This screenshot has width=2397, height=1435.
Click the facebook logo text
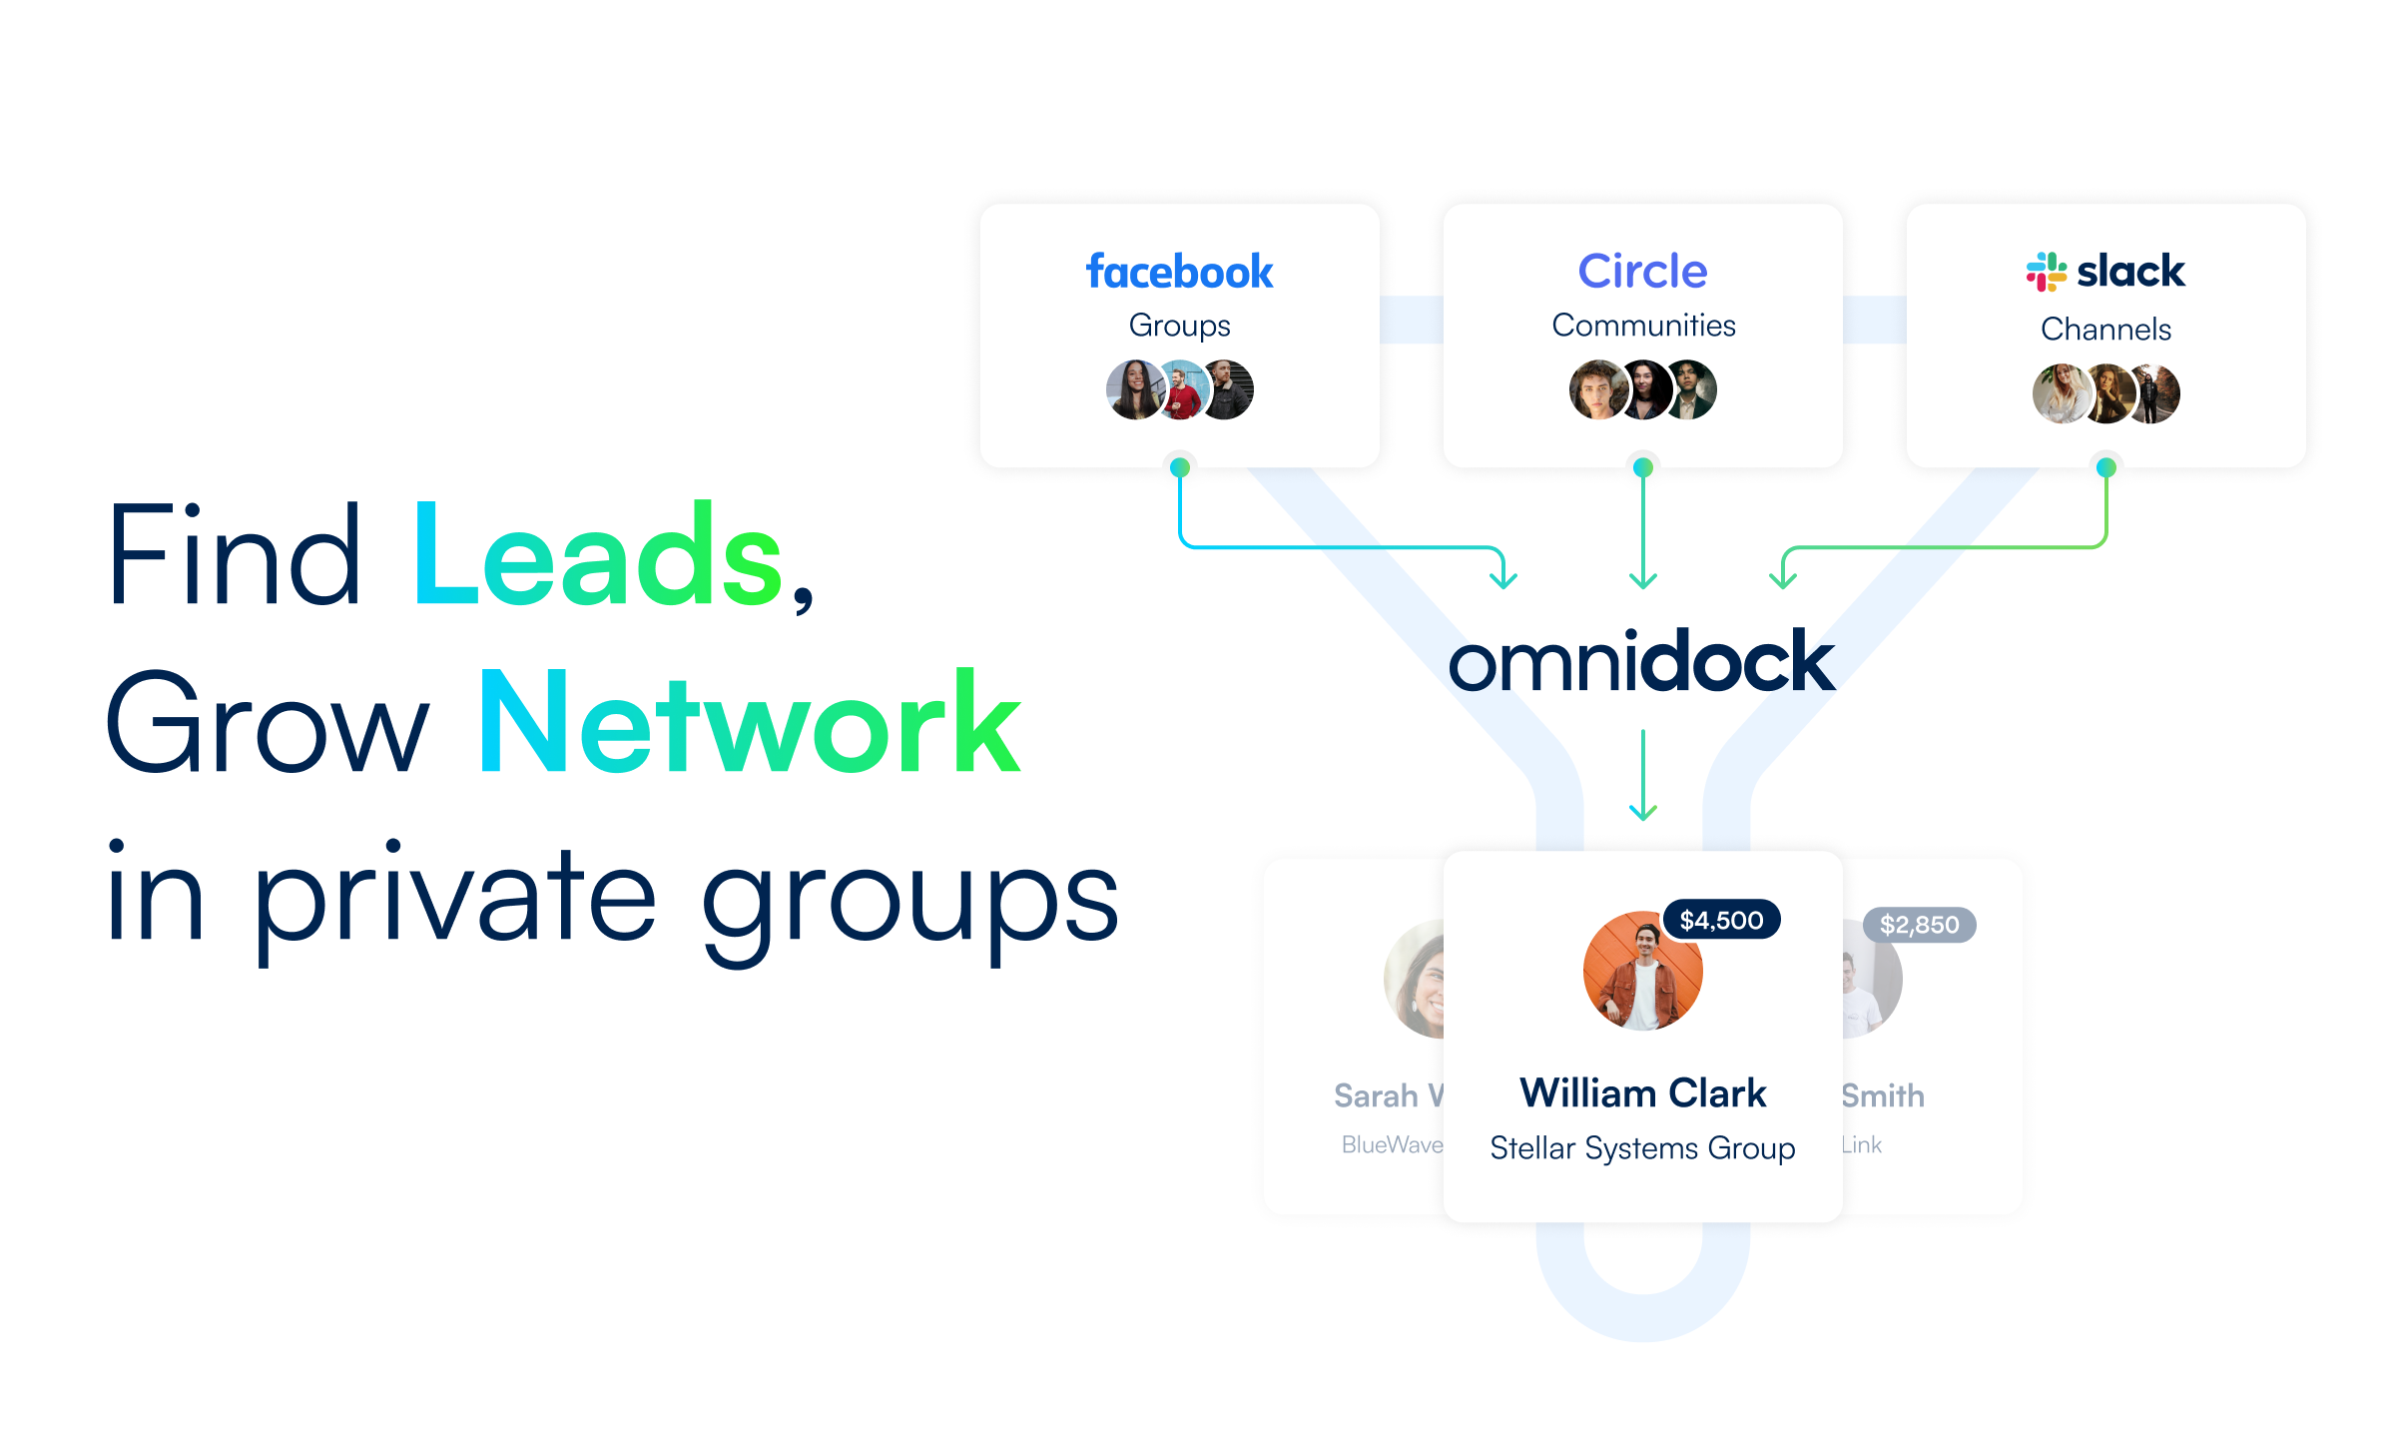point(1179,272)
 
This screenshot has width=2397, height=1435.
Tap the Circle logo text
point(1642,271)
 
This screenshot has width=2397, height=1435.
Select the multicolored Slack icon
point(2046,272)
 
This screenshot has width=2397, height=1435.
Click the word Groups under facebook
point(1179,326)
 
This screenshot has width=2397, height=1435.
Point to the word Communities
point(1643,326)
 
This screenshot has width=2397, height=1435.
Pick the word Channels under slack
point(2105,329)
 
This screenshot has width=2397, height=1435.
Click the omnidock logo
point(1641,662)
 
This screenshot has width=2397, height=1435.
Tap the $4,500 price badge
point(1721,920)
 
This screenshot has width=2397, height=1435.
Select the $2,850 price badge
point(1919,925)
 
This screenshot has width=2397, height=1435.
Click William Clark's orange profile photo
point(1642,971)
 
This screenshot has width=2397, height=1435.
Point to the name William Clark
point(1642,1093)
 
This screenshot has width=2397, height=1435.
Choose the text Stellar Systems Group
point(1642,1148)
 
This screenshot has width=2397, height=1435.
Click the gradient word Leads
point(597,555)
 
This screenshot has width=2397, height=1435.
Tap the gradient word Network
point(750,723)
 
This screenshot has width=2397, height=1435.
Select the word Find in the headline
point(234,555)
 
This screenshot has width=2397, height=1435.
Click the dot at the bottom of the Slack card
point(2105,467)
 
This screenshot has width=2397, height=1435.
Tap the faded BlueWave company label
point(1392,1144)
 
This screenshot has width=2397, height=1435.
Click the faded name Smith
point(1883,1095)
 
